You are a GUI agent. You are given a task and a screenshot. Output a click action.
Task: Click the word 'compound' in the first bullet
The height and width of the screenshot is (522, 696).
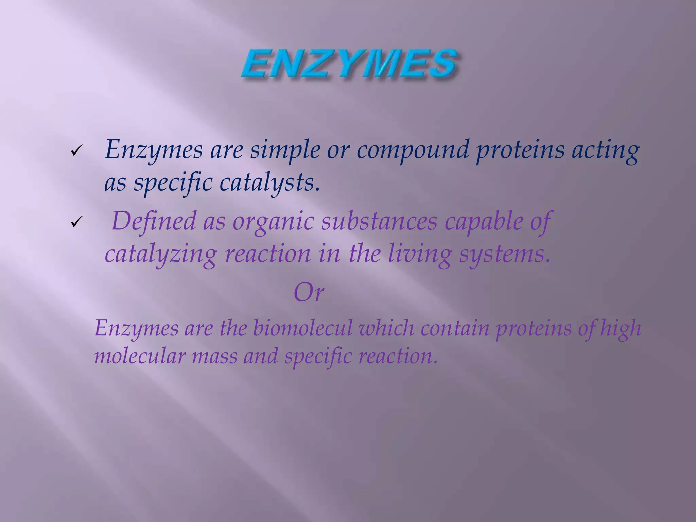point(412,150)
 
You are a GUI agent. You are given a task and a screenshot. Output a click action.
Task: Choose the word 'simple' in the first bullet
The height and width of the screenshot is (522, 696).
point(285,150)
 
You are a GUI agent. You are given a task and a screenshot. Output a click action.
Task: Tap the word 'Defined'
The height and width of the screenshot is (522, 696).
point(154,221)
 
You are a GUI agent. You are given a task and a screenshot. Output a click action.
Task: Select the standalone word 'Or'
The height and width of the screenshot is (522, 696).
point(309,292)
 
